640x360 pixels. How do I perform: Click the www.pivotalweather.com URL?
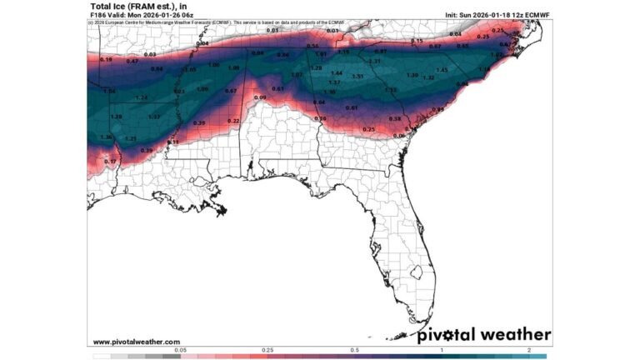point(136,342)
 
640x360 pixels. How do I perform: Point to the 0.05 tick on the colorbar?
point(181,350)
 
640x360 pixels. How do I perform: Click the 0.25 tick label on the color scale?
point(268,350)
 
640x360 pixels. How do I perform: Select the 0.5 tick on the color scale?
point(355,350)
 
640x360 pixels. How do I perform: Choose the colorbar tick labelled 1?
point(442,350)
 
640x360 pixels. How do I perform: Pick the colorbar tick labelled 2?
point(529,350)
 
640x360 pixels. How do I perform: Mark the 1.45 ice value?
point(442,70)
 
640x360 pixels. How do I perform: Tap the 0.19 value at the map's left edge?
point(106,60)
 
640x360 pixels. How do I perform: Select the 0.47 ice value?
point(132,62)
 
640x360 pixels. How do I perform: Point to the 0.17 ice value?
point(110,161)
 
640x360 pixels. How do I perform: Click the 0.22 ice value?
point(233,122)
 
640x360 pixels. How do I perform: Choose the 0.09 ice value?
point(260,98)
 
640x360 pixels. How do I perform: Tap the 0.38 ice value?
point(395,119)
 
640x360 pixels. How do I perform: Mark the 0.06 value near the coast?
point(399,136)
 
